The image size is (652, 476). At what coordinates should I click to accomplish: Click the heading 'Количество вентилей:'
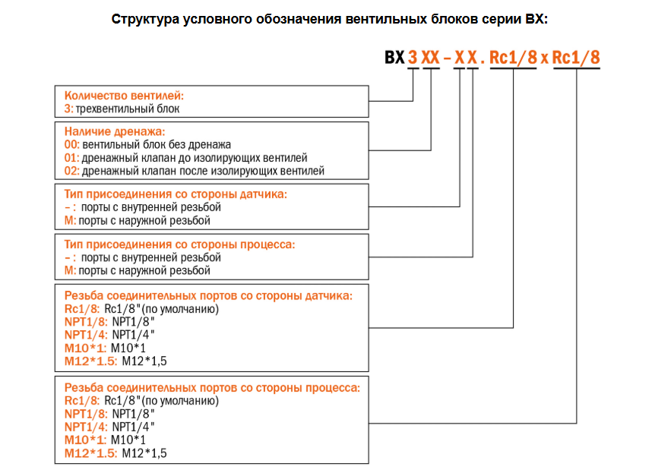coord(124,96)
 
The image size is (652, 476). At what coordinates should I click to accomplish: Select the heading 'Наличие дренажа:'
coord(114,131)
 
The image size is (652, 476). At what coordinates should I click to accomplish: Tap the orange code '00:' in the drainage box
coord(71,144)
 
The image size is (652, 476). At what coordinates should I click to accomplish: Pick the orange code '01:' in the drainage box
coord(71,158)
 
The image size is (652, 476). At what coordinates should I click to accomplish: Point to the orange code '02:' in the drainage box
coord(71,171)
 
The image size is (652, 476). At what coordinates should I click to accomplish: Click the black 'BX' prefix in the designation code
coord(394,58)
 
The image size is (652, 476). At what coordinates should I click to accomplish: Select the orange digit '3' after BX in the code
coord(413,58)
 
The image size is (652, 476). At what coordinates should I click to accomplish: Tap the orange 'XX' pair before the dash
coord(430,58)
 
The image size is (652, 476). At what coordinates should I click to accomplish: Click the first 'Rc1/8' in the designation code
coord(513,58)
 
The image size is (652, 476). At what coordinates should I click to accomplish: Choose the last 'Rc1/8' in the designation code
coord(576,58)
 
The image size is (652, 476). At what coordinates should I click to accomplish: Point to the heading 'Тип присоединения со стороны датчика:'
coord(176,194)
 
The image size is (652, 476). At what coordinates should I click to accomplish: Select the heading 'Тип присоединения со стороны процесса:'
coord(179,244)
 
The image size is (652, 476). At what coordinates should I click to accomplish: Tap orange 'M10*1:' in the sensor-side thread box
coord(85,348)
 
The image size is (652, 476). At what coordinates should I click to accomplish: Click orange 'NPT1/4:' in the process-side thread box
coord(86,427)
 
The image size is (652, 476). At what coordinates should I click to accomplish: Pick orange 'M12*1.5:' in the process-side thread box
coord(91,453)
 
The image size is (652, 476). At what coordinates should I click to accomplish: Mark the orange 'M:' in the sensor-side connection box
coord(70,221)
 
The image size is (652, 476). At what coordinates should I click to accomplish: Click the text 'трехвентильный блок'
coord(128,109)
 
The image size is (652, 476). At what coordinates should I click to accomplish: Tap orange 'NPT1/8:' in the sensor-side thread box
coord(86,322)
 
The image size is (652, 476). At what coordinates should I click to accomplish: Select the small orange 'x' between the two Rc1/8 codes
coord(544,58)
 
